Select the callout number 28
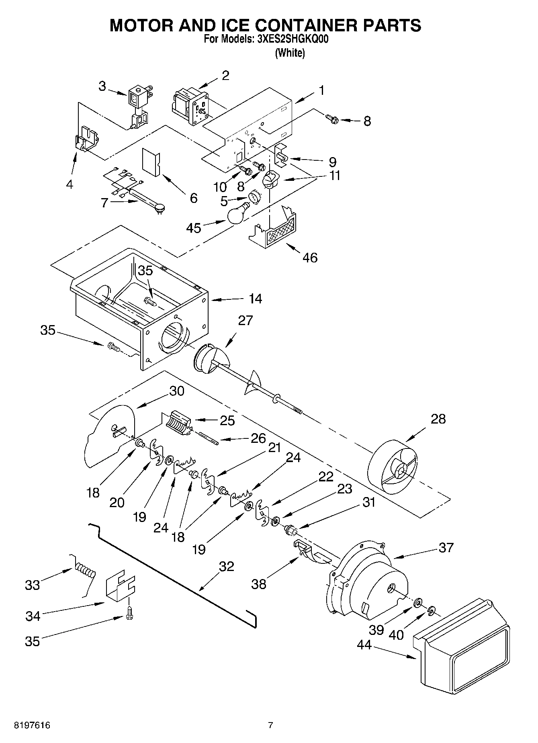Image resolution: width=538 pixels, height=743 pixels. click(x=438, y=419)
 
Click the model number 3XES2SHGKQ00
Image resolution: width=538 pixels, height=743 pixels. click(x=290, y=39)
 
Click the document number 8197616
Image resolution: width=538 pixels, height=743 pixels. click(x=32, y=725)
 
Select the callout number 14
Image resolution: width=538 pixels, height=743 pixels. click(x=255, y=299)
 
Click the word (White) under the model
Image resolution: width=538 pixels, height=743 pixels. click(x=290, y=53)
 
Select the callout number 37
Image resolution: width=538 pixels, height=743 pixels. click(x=446, y=547)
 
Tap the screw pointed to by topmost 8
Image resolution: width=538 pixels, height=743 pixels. click(x=333, y=119)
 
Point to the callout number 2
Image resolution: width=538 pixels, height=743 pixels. click(x=225, y=75)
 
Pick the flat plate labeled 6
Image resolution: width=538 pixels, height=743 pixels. click(x=151, y=162)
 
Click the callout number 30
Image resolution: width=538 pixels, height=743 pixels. click(x=176, y=391)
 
